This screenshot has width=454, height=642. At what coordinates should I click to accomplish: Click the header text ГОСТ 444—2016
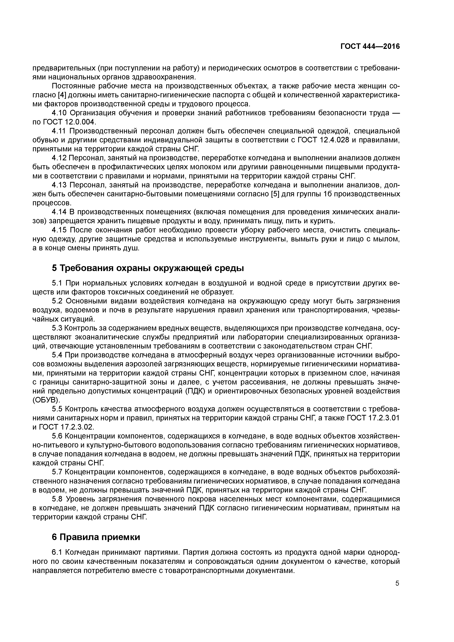[370, 47]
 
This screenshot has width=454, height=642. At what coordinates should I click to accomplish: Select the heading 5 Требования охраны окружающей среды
[148, 268]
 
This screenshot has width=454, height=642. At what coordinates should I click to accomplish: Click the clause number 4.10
[59, 113]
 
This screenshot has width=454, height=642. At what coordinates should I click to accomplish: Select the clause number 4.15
[59, 230]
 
